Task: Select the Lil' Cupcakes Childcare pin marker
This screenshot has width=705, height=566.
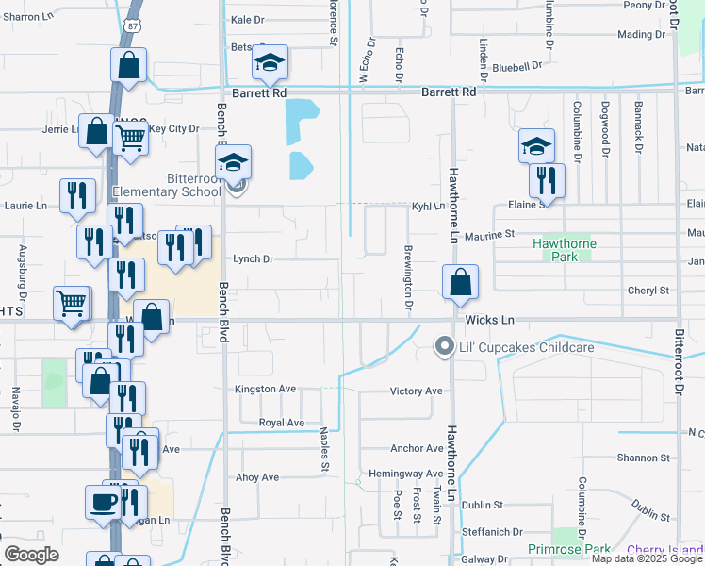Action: pos(444,347)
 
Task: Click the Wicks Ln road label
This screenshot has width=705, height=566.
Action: pos(495,320)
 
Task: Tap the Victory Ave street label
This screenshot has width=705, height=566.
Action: pos(416,391)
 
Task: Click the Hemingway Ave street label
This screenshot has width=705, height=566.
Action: pos(406,474)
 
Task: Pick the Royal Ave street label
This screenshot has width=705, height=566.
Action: pos(281,423)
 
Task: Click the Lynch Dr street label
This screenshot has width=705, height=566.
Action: pos(253,258)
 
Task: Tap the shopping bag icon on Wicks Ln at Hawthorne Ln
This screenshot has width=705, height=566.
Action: pos(459,282)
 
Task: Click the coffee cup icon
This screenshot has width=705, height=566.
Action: pos(103,503)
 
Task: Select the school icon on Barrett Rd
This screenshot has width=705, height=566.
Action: pos(270,63)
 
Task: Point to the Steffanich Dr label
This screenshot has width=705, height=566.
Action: pos(492,532)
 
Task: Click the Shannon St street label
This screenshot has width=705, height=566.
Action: pos(644,458)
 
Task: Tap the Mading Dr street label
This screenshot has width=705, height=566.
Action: pos(641,35)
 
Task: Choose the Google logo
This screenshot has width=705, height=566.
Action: pos(32,555)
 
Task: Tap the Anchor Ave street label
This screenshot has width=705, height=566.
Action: pos(416,449)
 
